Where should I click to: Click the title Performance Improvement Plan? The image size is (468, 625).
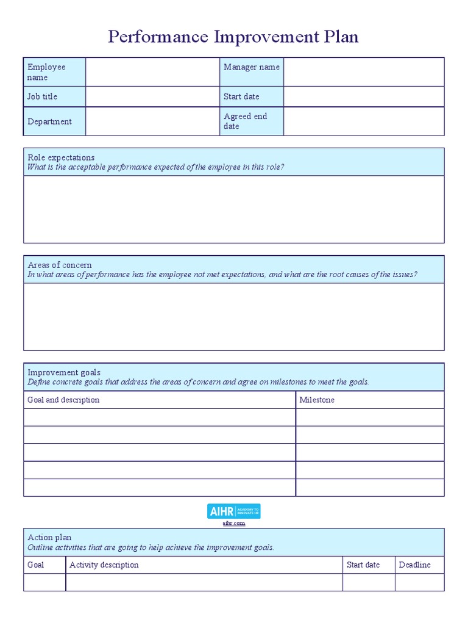coord(233,37)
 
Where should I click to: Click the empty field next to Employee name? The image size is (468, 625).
coord(152,72)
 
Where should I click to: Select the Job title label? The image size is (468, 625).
coord(43,96)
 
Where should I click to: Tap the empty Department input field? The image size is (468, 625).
coord(152,121)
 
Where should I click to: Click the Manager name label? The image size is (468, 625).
coord(252,67)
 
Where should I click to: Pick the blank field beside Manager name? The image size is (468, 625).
coord(364,72)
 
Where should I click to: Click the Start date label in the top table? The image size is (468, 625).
coord(241,96)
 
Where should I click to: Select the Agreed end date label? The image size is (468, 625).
coord(245,121)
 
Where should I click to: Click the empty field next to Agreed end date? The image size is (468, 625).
coord(364,121)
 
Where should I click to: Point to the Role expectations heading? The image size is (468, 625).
coord(62,157)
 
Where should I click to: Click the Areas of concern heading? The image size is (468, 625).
coord(60,265)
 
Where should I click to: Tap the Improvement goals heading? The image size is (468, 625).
coord(64,372)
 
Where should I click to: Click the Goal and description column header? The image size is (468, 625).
coord(63,400)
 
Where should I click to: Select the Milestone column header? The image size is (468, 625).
coord(317,400)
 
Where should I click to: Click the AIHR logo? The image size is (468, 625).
coord(234,511)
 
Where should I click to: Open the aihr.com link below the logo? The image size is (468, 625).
coord(234,523)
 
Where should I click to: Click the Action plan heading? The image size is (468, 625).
coord(49,537)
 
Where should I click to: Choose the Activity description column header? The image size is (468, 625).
coord(104,565)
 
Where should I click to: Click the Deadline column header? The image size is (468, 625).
coord(414,565)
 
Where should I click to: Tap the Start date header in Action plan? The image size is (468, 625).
coord(363,565)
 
